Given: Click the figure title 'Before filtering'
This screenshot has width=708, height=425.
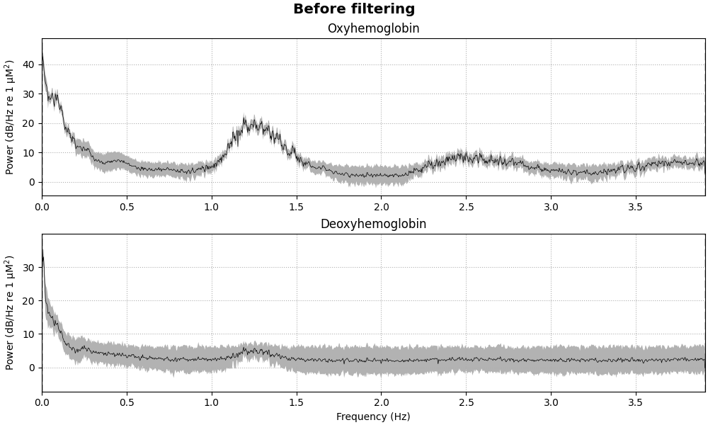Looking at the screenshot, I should pos(354,9).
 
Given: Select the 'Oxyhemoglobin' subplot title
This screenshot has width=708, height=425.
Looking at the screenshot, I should pos(373,29).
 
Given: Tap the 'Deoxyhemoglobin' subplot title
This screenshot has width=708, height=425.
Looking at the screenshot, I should pos(373,225).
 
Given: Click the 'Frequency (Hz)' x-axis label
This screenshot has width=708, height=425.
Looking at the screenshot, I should pos(373,417).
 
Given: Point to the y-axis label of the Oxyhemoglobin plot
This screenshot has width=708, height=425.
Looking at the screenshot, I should pos(10,117).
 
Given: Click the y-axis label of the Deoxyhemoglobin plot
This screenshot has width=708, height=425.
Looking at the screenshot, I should pos(10,312).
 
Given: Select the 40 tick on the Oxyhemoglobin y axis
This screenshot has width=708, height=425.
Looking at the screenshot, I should pos(29,64).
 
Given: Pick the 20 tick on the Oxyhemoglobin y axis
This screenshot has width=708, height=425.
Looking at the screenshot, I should pos(29,123).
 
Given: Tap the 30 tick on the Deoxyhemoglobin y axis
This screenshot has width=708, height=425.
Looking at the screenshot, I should pos(29,268).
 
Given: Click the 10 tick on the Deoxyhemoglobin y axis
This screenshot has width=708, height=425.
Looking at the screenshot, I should pos(29,334).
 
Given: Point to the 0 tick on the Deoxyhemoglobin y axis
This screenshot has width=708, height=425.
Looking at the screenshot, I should pos(32,368).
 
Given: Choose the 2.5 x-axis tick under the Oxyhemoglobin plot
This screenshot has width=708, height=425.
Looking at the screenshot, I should pos(466,207).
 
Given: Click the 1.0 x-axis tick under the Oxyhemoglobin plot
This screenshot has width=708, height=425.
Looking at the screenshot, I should pos(211,207).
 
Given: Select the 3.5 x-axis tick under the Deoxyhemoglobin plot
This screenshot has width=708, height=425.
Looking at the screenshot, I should pos(636,402).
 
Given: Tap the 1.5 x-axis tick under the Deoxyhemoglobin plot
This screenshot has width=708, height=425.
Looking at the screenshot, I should pos(296,402).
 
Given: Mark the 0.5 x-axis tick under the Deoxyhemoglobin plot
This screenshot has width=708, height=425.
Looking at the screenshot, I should pos(127,402).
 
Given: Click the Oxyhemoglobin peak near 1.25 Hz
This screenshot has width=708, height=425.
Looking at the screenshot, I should pos(246,121).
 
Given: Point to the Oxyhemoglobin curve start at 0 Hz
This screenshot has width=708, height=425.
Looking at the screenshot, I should pos(42,54).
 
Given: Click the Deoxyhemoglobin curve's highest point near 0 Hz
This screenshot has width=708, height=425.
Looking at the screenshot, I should pos(42,250).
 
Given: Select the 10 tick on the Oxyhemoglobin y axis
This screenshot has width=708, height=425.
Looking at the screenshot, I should pos(29,153).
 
